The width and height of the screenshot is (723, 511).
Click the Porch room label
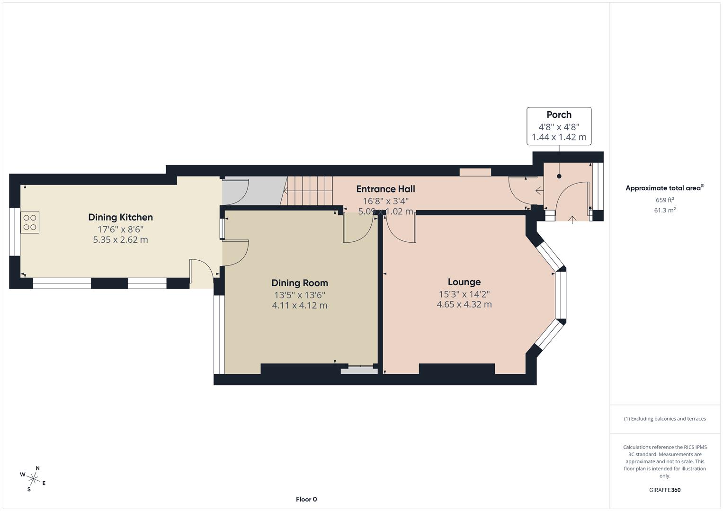[559, 115]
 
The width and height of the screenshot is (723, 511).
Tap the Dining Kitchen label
[120, 217]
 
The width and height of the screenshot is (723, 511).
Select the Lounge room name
[464, 282]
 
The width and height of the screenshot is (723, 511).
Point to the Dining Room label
[299, 283]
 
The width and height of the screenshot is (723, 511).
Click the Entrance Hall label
[385, 189]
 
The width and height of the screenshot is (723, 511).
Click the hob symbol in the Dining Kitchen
[30, 223]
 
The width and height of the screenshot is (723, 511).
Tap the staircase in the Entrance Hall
[308, 190]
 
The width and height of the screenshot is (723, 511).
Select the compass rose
[33, 478]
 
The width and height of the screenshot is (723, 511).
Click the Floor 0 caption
[306, 499]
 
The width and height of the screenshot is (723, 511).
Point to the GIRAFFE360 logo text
[665, 490]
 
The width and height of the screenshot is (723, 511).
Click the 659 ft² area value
[665, 200]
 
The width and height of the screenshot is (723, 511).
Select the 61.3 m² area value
[665, 211]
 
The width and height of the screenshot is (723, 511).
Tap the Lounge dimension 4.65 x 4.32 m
[464, 305]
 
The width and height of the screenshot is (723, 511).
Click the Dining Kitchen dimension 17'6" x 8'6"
[120, 229]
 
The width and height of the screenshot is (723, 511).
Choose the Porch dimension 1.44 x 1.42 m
[559, 138]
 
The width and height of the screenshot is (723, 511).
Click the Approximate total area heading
[664, 188]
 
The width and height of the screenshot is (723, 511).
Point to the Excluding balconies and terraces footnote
[665, 419]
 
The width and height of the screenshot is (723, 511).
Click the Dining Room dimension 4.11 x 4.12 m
[299, 306]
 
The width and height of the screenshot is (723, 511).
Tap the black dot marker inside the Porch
[559, 176]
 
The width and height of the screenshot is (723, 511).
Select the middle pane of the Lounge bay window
[561, 294]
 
